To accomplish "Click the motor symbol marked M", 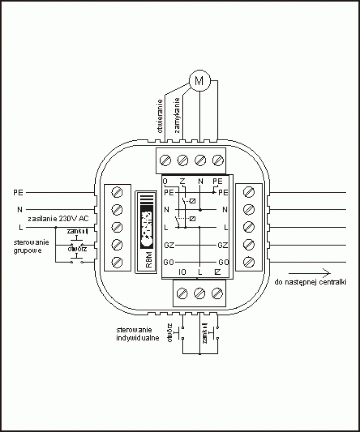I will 199,81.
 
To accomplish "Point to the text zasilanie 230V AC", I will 58,218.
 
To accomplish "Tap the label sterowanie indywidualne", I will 137,333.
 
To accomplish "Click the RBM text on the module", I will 149,262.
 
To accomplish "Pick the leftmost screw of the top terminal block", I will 166,161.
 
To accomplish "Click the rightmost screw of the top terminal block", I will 218,161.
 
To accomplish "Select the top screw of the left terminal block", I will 117,192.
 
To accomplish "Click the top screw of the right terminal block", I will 249,192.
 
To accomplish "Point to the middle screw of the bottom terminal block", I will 199,293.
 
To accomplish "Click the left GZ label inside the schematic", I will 169,245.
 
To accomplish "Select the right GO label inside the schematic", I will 224,262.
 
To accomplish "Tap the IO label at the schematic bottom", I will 181,272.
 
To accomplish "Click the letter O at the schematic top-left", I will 165,181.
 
